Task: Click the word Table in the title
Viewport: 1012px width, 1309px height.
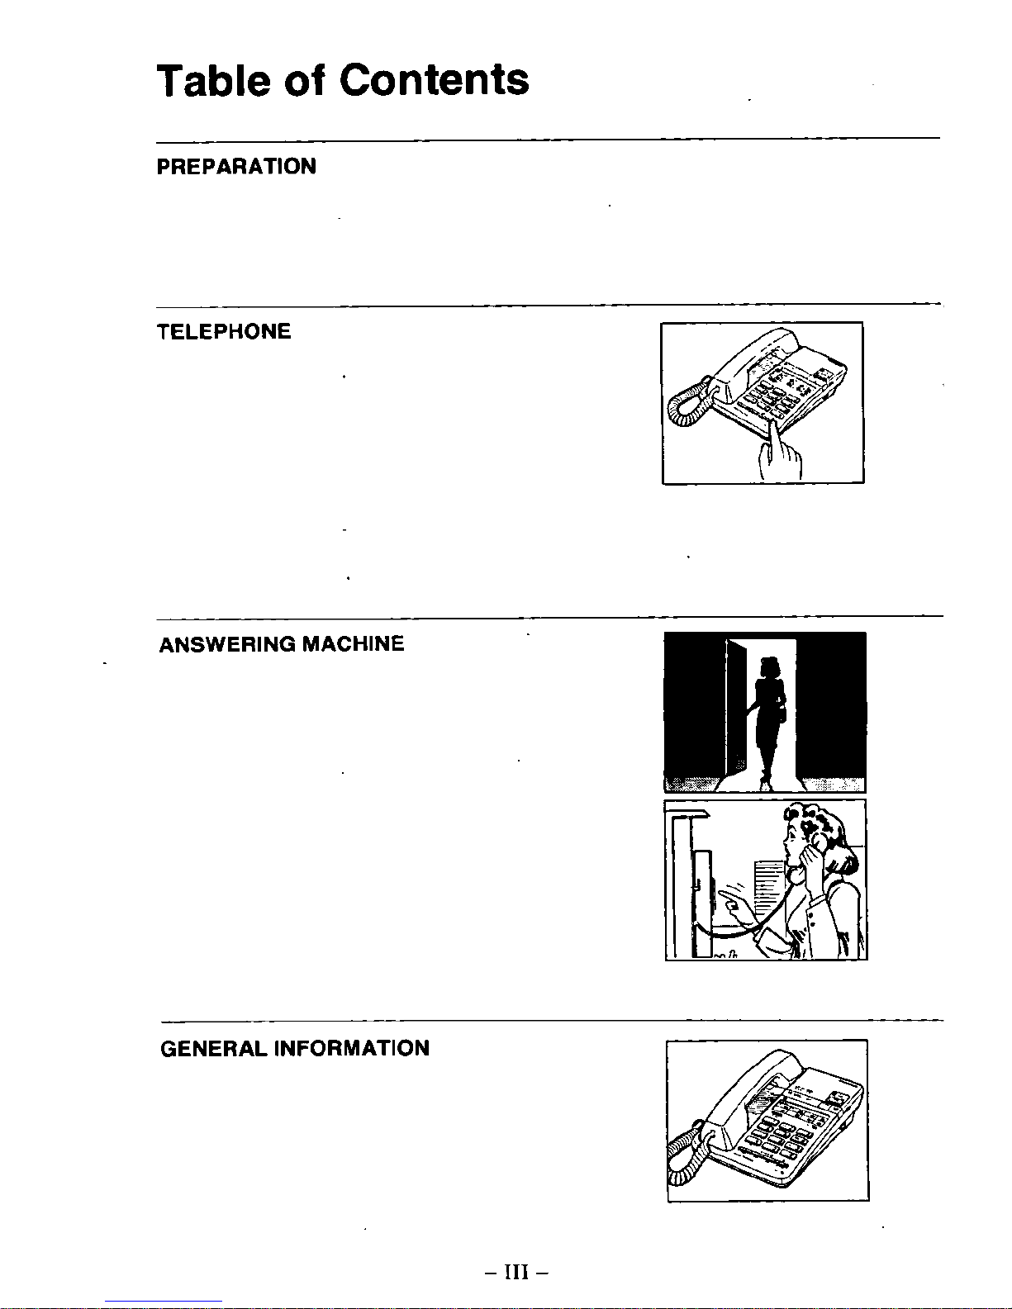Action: (211, 80)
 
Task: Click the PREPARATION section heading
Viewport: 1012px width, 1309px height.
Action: (236, 167)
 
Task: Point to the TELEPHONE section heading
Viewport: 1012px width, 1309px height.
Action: (224, 332)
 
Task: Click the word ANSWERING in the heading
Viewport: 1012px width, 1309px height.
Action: (226, 644)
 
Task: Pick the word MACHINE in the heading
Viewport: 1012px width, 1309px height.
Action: (353, 644)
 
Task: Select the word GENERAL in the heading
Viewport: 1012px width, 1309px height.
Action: (213, 1049)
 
